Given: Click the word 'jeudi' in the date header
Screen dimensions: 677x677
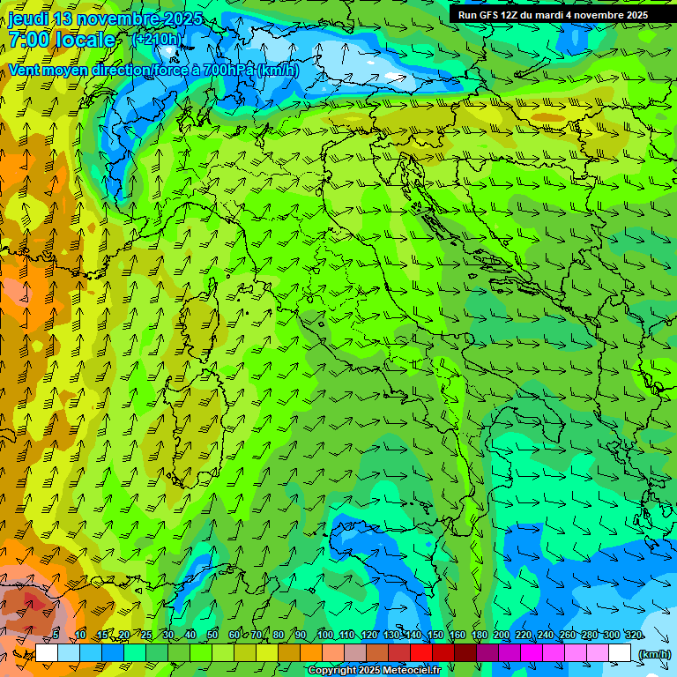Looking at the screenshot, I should point(28,19).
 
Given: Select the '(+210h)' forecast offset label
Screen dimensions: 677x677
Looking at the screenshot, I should point(157,39).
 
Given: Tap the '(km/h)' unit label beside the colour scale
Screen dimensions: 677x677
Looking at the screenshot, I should point(654,653).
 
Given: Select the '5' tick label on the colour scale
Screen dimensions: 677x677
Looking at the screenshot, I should point(56,636).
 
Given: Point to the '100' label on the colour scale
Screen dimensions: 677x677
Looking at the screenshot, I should point(324,636).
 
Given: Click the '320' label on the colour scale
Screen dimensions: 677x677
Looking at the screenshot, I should point(633,636).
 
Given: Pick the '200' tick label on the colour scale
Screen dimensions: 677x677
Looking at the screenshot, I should point(501,636).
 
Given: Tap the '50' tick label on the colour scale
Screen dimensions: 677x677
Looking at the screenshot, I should point(212,636).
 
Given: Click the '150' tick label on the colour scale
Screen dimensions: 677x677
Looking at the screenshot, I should point(435,636).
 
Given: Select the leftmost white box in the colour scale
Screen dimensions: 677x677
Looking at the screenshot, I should point(47,653).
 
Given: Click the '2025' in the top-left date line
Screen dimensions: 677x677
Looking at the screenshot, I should point(181,19).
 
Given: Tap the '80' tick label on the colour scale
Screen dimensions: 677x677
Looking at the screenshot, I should point(279,636).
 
